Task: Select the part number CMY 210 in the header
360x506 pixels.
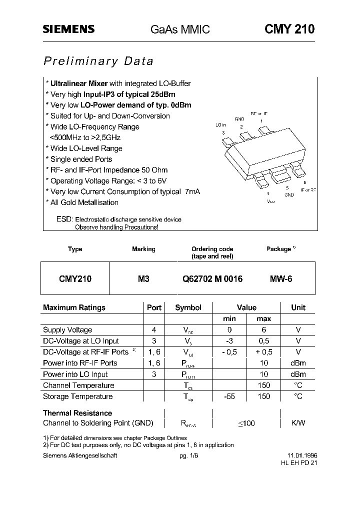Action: click(289, 29)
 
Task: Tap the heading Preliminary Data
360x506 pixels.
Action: click(98, 61)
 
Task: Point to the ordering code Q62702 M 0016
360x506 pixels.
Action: click(212, 279)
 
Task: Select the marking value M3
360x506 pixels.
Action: click(143, 279)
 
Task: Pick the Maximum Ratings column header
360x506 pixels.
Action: click(74, 307)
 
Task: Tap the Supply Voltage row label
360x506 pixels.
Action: click(67, 330)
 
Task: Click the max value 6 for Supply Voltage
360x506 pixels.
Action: click(263, 330)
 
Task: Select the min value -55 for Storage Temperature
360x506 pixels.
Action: click(229, 396)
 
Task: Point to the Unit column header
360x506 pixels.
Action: click(298, 307)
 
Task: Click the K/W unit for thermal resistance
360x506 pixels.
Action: click(298, 423)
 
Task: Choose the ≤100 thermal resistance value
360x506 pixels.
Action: click(246, 423)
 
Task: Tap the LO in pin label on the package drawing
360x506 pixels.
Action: click(221, 125)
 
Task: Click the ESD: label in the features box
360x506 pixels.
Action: click(64, 219)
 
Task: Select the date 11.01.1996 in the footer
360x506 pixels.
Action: click(302, 456)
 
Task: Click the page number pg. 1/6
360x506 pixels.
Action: click(188, 456)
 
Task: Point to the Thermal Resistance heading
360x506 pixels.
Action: click(77, 413)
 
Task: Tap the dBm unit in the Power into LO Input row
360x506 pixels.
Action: click(298, 374)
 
